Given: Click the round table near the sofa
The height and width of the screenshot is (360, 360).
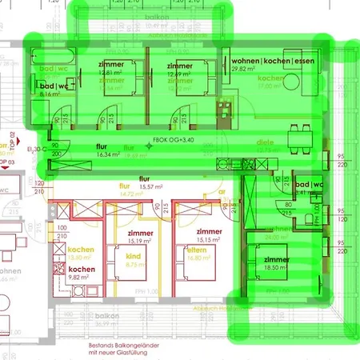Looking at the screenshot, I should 291,82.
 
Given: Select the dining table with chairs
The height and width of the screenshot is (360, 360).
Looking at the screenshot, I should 301,139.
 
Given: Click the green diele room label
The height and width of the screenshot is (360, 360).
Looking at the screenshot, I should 265,142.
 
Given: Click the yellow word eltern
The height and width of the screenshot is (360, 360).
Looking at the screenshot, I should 197,251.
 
